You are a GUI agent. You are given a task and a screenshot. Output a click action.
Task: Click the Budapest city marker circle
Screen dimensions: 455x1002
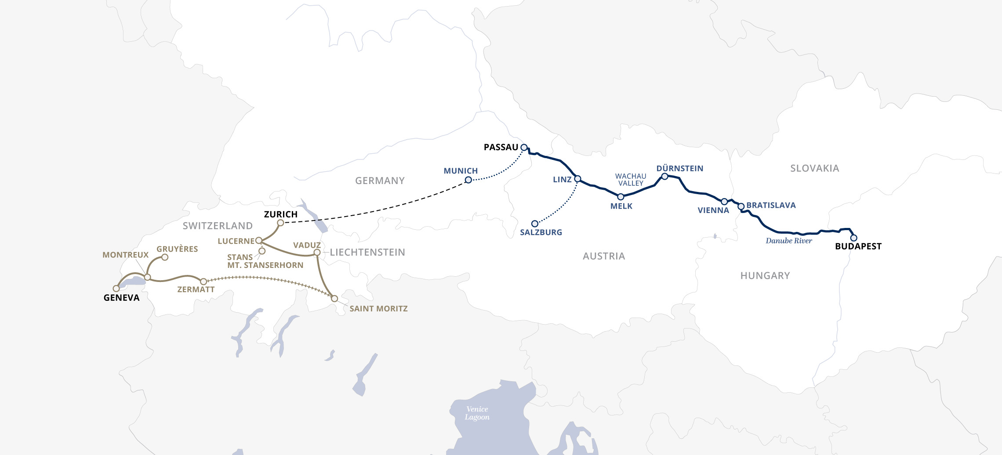pos(853,238)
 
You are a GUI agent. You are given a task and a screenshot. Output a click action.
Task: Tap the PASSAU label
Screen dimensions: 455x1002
pos(501,148)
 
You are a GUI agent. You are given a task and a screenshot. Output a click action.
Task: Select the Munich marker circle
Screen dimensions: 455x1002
pos(468,180)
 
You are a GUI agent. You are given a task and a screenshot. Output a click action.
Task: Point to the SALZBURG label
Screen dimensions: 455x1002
pos(541,232)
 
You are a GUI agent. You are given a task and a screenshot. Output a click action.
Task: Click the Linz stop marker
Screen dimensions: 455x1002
pos(578,179)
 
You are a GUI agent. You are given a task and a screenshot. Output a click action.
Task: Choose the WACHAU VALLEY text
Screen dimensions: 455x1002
pos(631,180)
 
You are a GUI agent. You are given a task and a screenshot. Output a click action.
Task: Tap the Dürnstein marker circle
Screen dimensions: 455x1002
pos(665,177)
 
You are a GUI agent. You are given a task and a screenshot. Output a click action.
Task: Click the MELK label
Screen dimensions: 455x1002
pos(621,206)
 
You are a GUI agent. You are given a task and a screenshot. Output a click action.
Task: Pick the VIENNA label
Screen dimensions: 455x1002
pos(713,211)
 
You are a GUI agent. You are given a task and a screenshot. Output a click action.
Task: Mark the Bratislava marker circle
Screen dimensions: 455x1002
pos(741,206)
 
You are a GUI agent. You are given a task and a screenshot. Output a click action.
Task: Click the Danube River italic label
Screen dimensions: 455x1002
pos(789,241)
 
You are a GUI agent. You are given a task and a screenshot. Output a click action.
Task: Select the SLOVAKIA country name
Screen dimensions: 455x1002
pos(815,169)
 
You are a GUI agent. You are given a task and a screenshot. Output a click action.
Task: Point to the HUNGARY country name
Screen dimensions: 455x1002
pos(765,276)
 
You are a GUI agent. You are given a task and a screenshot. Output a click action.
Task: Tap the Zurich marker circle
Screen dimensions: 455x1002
pos(280,223)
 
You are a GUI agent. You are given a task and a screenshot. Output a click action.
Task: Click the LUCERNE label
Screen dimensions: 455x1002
pos(236,241)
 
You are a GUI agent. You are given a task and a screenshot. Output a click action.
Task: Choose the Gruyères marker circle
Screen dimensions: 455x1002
pos(165,257)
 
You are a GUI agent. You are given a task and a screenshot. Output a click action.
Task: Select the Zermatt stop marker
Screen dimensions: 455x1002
pos(203,282)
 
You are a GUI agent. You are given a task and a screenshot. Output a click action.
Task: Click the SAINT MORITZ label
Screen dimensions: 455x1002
pos(378,309)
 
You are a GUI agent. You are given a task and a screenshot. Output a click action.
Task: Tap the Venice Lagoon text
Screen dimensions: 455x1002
pos(477,413)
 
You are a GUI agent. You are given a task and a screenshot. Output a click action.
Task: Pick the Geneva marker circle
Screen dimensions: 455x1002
pos(116,289)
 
